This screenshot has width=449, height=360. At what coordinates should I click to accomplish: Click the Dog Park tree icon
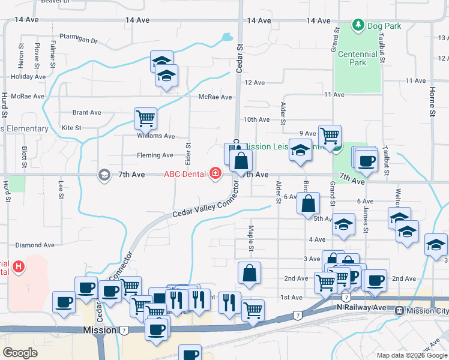(x=358, y=25)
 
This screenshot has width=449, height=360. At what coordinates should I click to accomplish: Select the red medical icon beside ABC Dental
(x=215, y=175)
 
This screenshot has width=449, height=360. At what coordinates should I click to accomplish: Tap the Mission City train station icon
(x=399, y=311)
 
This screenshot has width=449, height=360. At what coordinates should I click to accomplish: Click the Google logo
(x=20, y=352)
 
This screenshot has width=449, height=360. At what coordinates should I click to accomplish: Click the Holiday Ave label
(x=28, y=77)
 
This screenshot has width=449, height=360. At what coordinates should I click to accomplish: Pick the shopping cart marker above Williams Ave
(x=145, y=118)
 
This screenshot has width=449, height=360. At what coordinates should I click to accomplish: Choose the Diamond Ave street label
(x=35, y=245)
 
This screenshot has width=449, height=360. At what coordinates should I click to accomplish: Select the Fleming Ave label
(x=155, y=155)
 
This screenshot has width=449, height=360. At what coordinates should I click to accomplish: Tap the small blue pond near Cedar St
(x=227, y=37)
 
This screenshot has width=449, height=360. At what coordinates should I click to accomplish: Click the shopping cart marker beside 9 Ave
(x=330, y=136)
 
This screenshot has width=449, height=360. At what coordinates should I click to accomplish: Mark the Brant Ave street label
(x=86, y=112)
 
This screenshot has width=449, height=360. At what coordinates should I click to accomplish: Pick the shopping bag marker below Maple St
(x=249, y=272)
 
